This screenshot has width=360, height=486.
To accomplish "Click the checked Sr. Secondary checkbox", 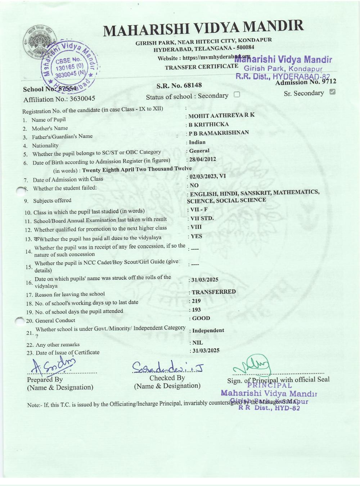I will pos(332,92).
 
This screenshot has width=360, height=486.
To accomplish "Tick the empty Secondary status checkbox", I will pos(237,95).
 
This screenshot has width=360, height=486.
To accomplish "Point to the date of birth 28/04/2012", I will pos(203,159).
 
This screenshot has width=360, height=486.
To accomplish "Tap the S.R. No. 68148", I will pos(179,86).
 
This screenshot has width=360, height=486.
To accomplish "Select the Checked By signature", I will pos(167,366).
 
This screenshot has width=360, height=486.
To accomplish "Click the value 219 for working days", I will pos(196,301).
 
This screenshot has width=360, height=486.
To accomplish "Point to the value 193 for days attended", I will pos(197,310).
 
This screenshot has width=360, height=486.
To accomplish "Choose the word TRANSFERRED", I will pos(213,292).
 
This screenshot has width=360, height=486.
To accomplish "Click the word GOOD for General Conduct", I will pos(201,318).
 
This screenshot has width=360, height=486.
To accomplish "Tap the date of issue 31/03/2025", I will pos(205,350).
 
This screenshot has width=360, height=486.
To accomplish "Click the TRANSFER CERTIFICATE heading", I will pos(201,67).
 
